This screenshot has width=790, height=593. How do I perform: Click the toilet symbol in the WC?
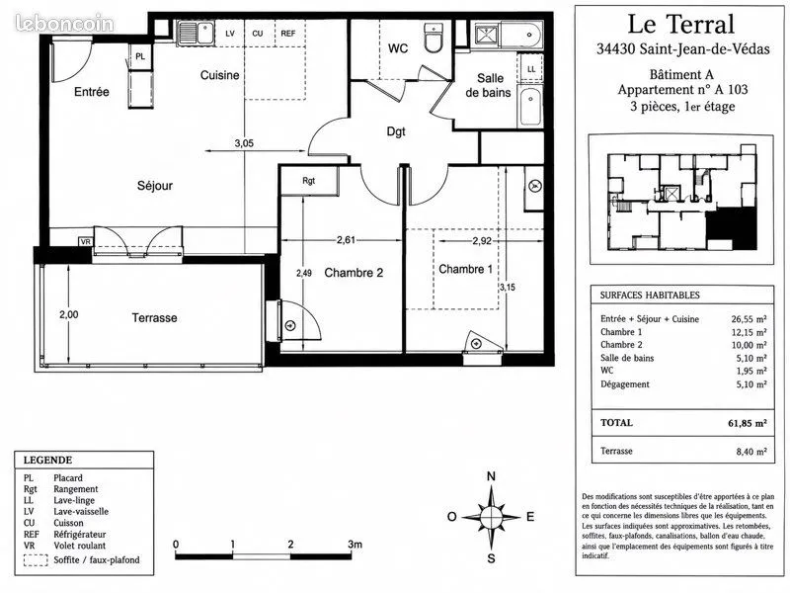click(433, 37)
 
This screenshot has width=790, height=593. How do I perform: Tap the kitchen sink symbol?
click(196, 33)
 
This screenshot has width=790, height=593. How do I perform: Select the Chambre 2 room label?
click(354, 273)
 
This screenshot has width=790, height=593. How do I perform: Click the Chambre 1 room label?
click(465, 269)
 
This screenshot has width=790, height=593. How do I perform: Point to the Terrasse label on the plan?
click(154, 317)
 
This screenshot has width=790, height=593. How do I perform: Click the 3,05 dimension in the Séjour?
click(244, 143)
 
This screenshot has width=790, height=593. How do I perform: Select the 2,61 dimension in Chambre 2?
click(347, 240)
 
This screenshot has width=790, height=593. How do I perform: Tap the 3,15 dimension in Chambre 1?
click(508, 288)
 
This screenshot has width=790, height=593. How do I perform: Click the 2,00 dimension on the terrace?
click(68, 314)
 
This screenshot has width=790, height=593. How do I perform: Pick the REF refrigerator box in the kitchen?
click(289, 34)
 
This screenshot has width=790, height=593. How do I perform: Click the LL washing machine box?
click(531, 68)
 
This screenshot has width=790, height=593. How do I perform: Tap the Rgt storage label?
click(309, 180)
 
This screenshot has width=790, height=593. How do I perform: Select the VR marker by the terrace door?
click(86, 242)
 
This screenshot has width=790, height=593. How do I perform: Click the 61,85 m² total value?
click(748, 423)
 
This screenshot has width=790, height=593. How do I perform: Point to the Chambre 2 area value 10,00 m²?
click(749, 345)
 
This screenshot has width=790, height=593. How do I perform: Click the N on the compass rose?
click(491, 476)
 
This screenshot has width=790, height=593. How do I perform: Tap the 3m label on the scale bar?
click(355, 545)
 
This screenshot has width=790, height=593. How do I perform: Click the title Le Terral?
click(680, 24)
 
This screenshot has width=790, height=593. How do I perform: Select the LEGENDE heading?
click(47, 460)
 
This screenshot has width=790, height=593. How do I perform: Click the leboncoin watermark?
click(64, 23)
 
